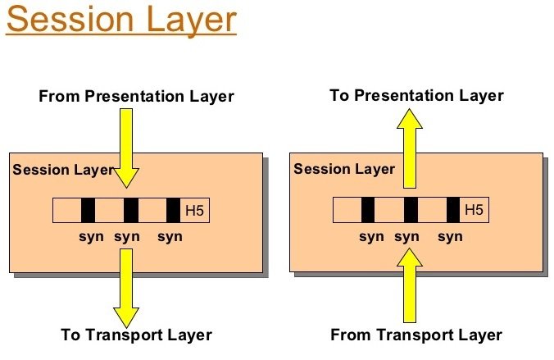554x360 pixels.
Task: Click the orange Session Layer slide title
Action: click(121, 21)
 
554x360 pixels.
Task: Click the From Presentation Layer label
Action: click(136, 96)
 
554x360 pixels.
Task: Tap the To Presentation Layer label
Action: click(416, 95)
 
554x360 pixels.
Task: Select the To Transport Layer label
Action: click(136, 335)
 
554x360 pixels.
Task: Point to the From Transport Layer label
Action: click(416, 335)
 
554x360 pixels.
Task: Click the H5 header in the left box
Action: click(195, 211)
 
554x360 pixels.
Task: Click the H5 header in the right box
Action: click(475, 210)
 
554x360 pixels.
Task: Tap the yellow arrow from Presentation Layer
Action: click(126, 148)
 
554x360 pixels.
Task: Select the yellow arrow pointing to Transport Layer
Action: click(126, 288)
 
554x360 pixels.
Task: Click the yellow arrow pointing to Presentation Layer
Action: click(410, 148)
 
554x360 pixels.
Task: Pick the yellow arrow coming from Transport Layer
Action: click(410, 285)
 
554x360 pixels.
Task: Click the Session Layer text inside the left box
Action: click(63, 170)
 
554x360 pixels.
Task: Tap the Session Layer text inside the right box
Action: click(344, 169)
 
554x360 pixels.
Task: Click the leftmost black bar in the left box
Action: click(88, 211)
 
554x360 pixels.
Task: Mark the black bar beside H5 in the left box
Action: click(173, 211)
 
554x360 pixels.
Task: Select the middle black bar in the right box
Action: click(411, 210)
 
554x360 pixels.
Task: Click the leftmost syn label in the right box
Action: click(371, 236)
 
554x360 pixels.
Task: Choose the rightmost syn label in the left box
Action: click(170, 236)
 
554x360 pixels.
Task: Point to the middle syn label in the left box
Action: click(127, 236)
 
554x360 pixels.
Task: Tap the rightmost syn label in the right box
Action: click(450, 236)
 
